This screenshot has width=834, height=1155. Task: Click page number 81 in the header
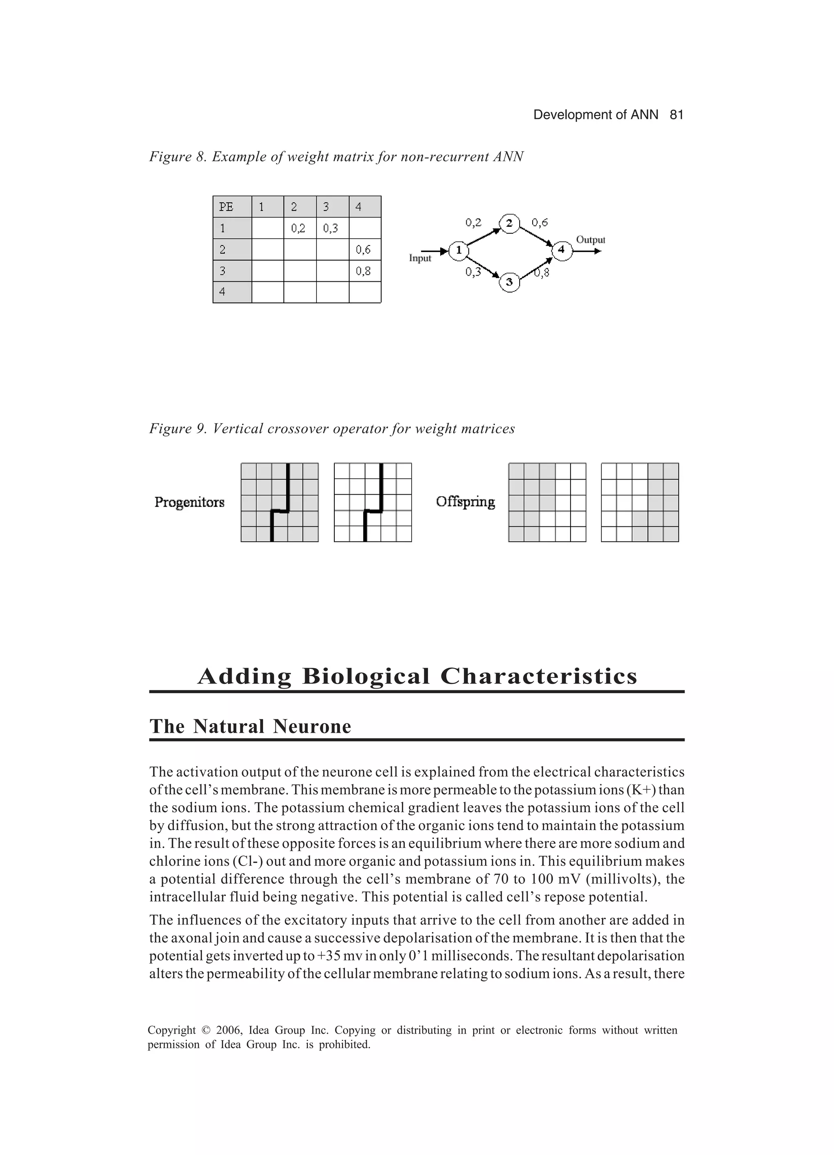coord(676,115)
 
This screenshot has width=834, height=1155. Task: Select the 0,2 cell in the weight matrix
coord(299,228)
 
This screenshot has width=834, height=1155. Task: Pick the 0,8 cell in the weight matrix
coord(364,271)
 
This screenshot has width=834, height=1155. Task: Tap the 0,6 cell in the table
coord(364,250)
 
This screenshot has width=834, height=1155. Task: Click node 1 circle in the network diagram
coord(459,250)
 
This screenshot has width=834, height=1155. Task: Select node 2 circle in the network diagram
coord(509,223)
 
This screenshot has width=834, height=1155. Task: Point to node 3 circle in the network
coord(509,282)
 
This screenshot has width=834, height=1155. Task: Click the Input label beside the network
coord(420,259)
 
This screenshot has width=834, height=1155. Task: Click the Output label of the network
coord(590,240)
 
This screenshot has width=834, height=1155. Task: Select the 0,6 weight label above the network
coord(540,223)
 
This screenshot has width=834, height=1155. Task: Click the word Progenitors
coord(189,503)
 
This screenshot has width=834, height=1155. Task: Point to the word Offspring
coord(465,502)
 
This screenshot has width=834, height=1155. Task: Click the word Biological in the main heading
coord(366,676)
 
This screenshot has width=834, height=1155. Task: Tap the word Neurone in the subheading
coord(312,727)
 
